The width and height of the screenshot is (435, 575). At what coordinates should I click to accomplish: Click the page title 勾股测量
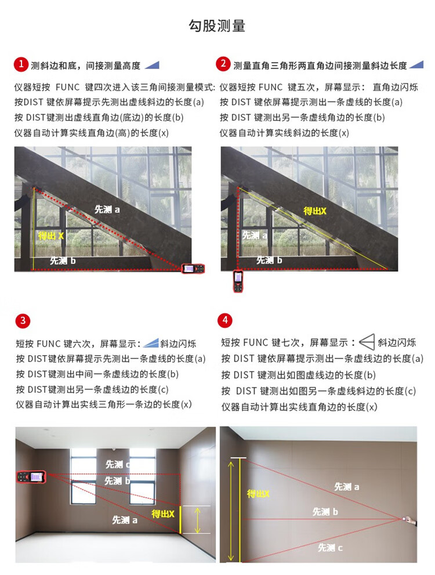(x=217, y=26)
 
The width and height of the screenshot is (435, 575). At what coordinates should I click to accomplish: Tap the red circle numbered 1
(x=21, y=64)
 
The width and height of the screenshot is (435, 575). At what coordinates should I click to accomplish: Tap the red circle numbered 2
(x=223, y=64)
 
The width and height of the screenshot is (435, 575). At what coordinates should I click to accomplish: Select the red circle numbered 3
(x=23, y=321)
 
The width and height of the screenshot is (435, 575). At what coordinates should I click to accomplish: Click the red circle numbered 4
(x=225, y=320)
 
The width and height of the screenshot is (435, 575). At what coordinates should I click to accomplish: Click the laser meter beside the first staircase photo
(x=193, y=269)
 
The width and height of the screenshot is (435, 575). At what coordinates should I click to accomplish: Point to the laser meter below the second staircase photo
(x=238, y=281)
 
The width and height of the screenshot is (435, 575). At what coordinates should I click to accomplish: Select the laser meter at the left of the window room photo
(x=31, y=477)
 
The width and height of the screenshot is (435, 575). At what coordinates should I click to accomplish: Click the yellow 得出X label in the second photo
(x=314, y=211)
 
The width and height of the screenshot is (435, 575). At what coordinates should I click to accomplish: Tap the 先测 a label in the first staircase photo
(x=107, y=209)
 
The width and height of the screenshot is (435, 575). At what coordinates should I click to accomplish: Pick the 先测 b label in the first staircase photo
(x=63, y=261)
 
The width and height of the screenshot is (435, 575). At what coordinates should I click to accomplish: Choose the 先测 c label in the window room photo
(x=118, y=464)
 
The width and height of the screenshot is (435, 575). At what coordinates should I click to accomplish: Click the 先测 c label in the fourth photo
(x=330, y=548)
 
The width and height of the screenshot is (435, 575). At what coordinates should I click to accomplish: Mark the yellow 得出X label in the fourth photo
(x=258, y=494)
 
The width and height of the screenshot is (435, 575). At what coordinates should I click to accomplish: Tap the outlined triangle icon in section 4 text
(x=367, y=342)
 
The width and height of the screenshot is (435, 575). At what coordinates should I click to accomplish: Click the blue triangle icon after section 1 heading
(x=152, y=65)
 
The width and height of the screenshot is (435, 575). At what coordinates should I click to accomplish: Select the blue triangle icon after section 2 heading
(x=416, y=65)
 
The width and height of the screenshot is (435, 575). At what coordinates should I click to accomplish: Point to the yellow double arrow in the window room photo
(x=198, y=520)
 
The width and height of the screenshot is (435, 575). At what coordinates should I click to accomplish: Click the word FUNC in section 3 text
(x=49, y=344)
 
